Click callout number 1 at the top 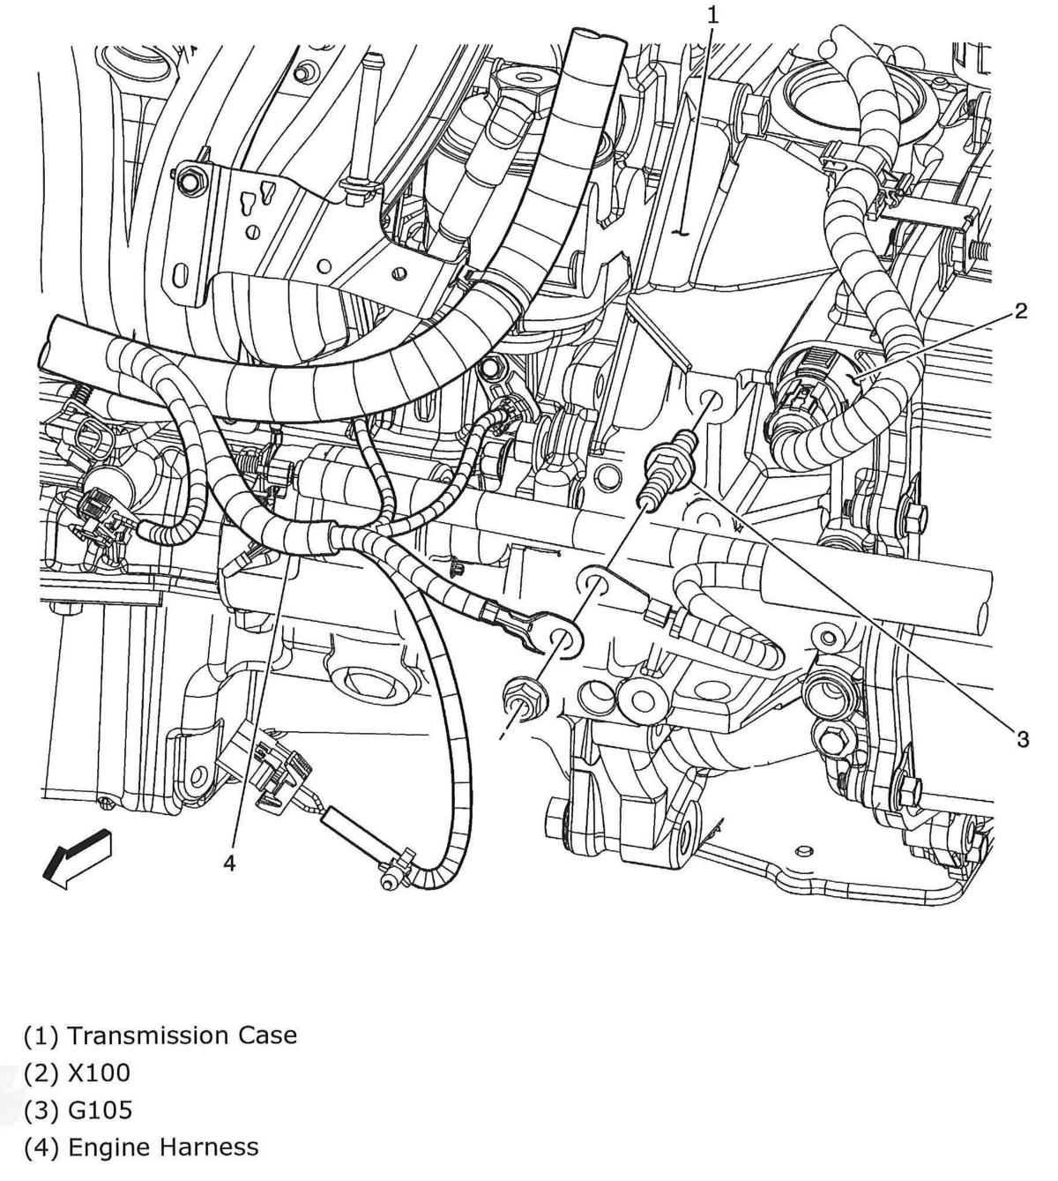712,14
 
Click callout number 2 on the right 1020,310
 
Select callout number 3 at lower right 1022,739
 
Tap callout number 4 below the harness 229,863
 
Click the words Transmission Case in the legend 182,1035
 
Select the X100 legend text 99,1073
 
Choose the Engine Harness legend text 163,1147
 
